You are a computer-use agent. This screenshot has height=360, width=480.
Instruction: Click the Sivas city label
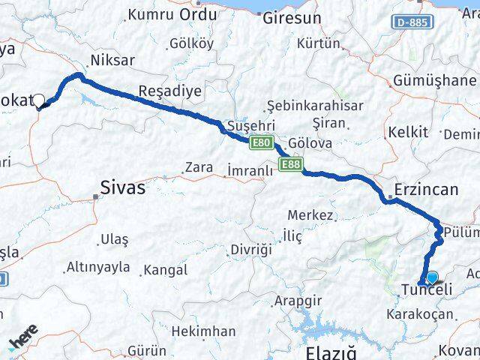click(x=124, y=188)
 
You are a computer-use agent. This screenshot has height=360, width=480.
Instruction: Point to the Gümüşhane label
click(x=434, y=80)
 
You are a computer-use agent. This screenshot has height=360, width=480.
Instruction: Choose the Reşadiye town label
click(x=170, y=91)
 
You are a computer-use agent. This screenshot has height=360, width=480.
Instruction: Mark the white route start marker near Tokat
click(x=38, y=98)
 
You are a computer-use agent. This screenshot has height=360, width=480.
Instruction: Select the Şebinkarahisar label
click(x=315, y=106)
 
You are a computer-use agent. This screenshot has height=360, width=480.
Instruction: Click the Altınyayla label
click(x=98, y=266)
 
